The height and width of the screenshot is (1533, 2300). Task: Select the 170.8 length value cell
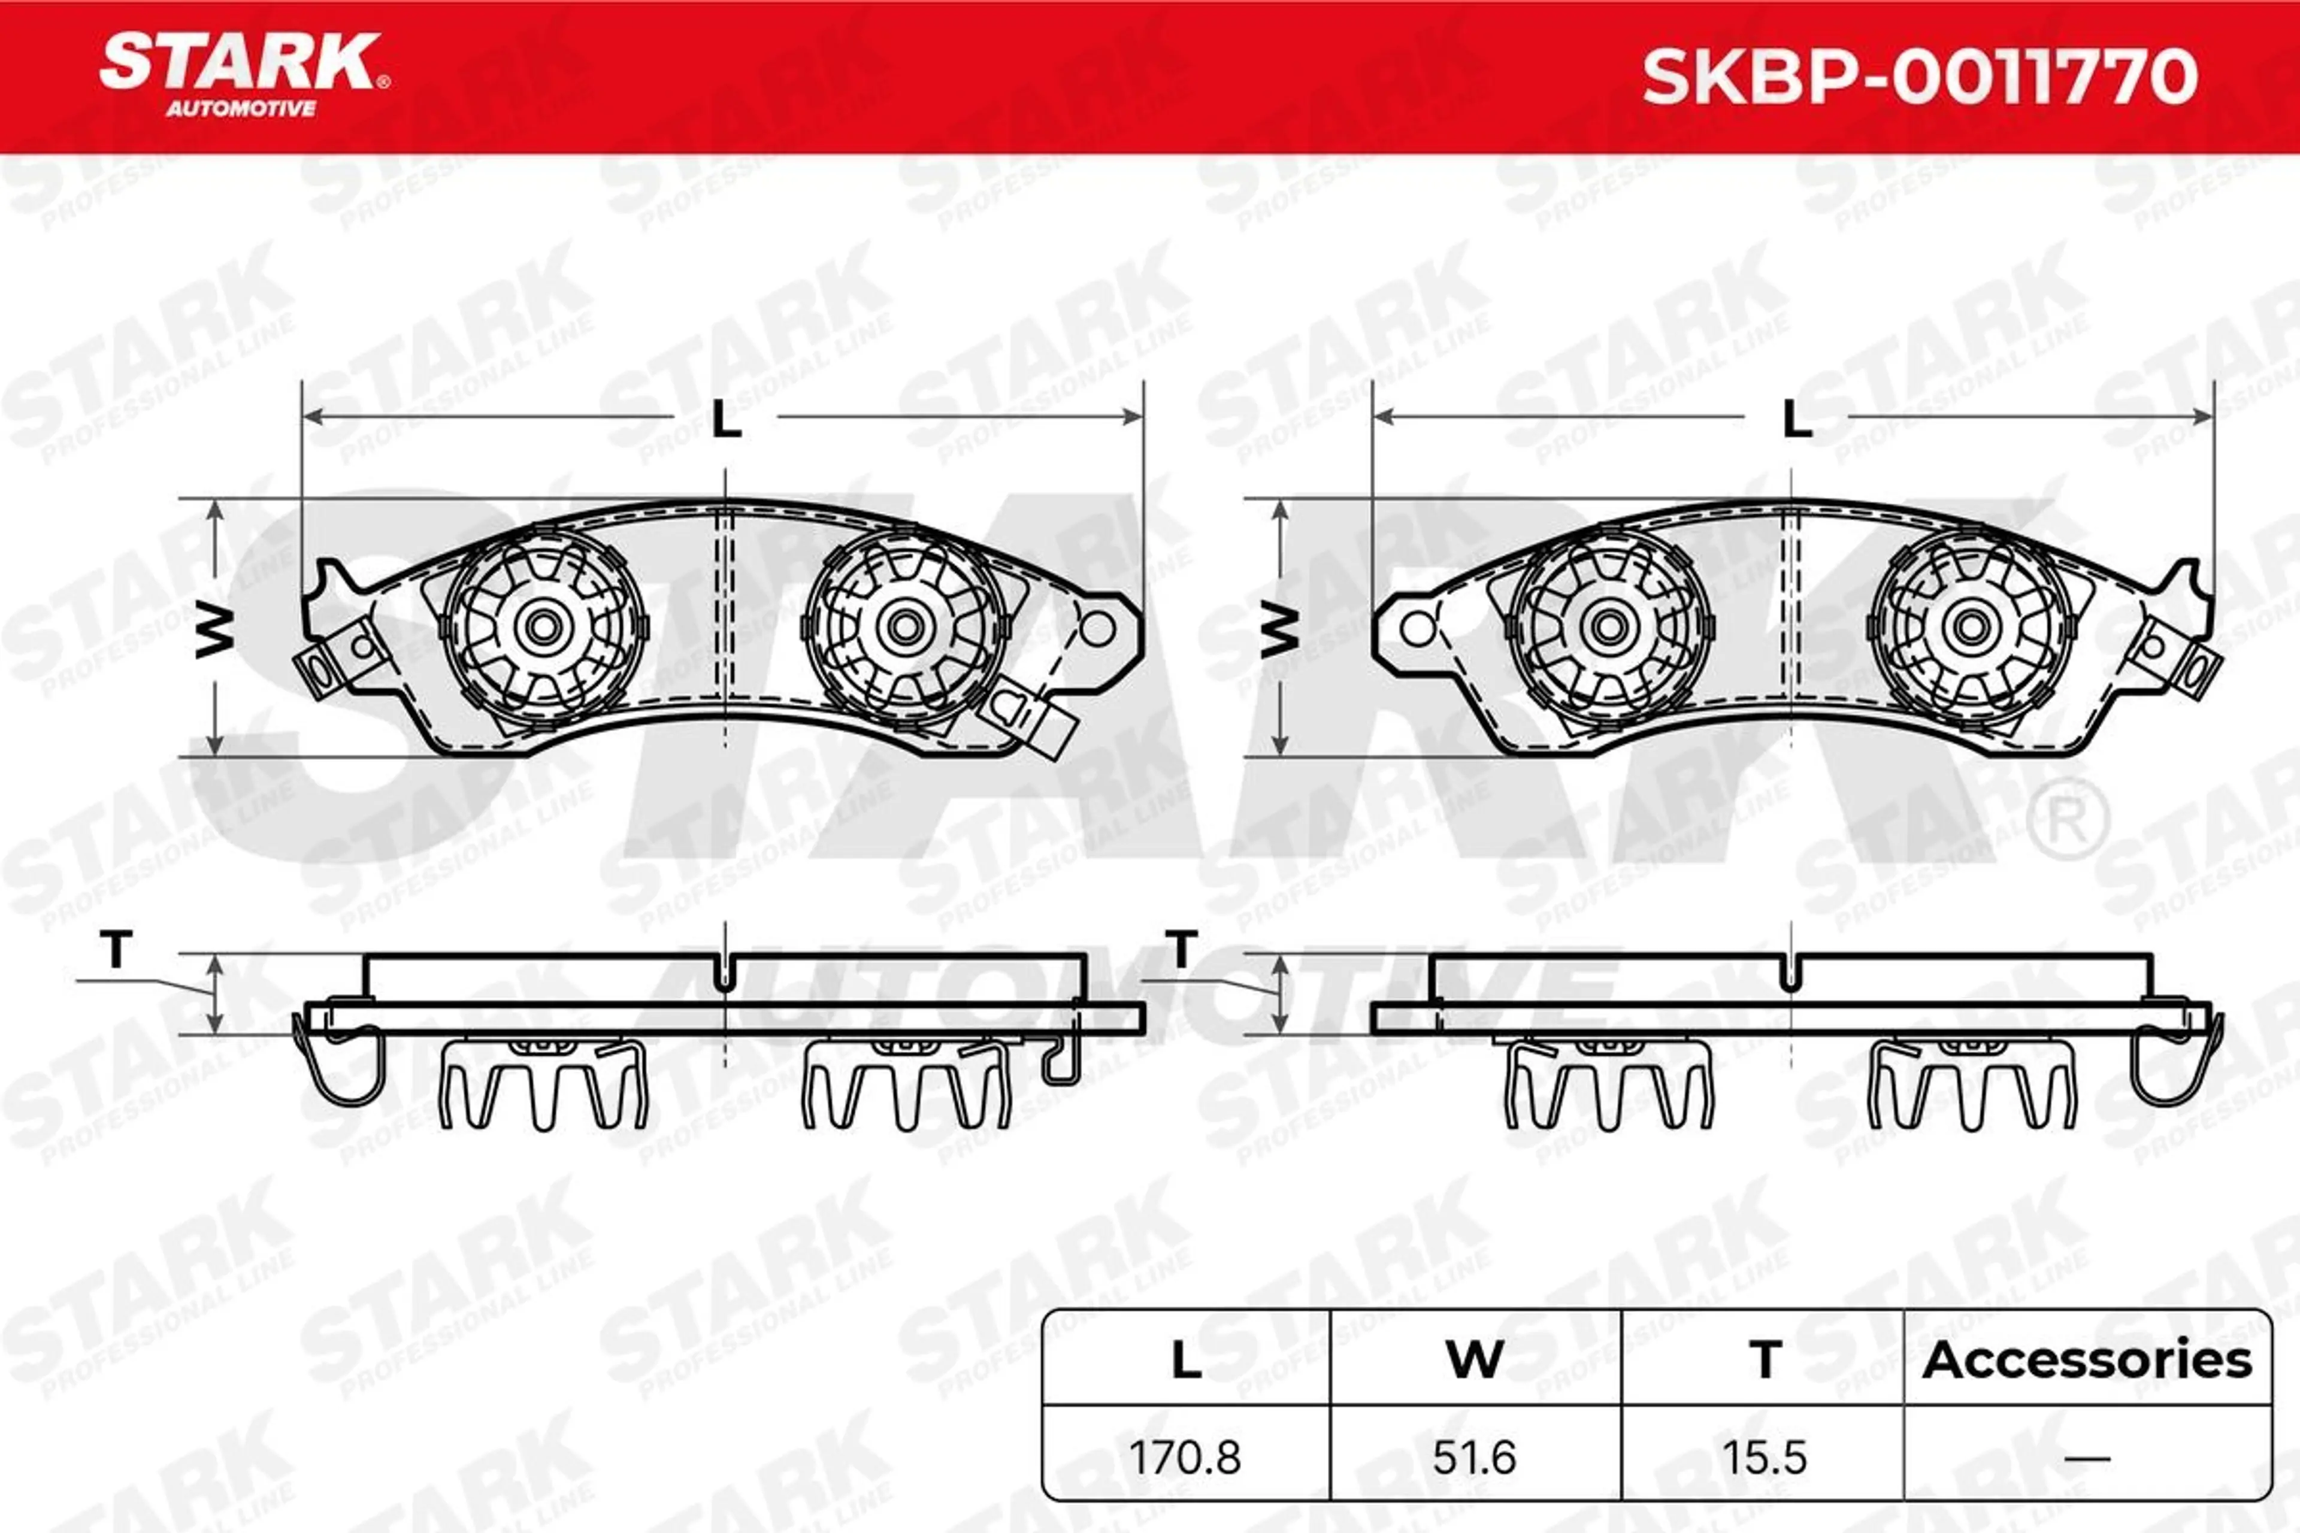click(x=1185, y=1458)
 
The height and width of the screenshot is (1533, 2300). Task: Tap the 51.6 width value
click(x=1475, y=1458)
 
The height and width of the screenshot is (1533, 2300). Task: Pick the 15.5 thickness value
click(x=1764, y=1458)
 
